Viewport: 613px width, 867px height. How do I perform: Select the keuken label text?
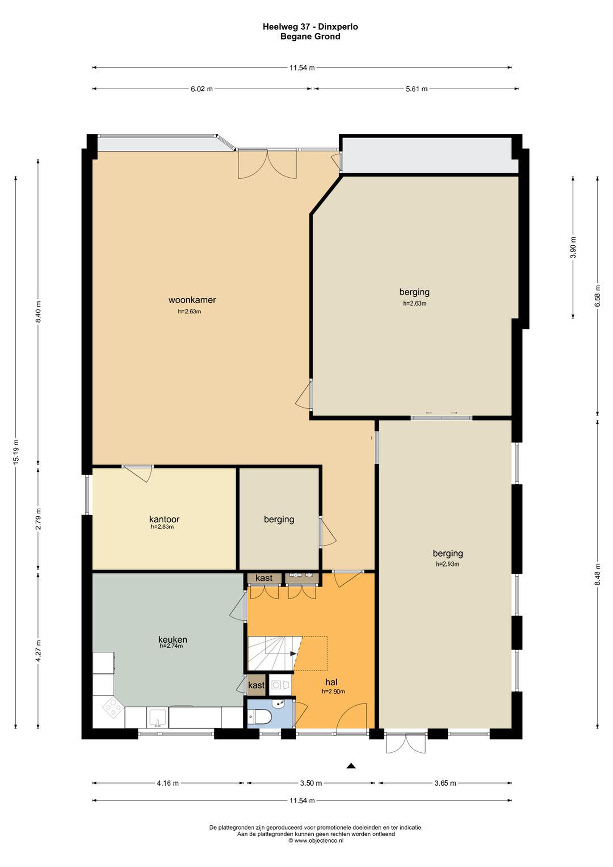coord(173,639)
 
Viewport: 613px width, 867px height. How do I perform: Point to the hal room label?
coord(331,682)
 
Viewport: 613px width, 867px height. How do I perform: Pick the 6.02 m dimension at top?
coord(201,89)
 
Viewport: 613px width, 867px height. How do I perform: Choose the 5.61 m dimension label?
coord(417,89)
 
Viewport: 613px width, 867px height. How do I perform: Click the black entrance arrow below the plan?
coord(351,766)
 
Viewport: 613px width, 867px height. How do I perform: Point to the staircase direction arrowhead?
coord(293,653)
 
